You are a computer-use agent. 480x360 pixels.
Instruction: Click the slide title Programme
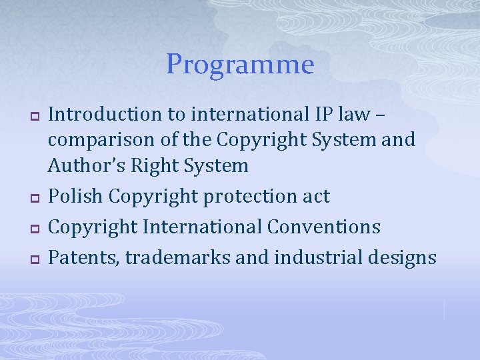(240, 65)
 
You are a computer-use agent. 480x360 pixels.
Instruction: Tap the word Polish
(75, 197)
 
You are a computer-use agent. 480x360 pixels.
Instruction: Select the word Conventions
(324, 227)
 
